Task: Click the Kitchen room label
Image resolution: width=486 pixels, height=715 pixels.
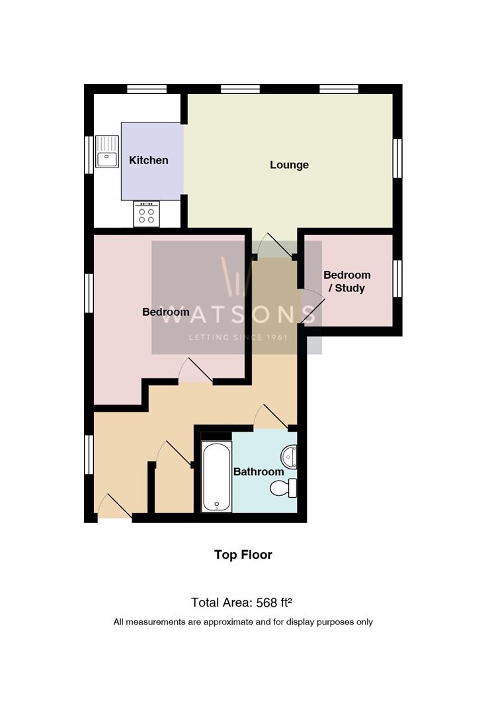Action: (x=148, y=160)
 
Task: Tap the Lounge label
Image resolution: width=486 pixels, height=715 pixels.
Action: (x=289, y=165)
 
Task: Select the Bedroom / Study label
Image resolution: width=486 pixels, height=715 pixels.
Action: (x=346, y=281)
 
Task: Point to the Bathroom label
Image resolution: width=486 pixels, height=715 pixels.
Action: (x=258, y=471)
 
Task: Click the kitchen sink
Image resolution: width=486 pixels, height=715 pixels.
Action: (x=106, y=152)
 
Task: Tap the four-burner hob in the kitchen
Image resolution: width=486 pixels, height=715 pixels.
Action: (x=146, y=214)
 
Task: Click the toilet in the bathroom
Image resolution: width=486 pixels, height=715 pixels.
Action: (x=285, y=489)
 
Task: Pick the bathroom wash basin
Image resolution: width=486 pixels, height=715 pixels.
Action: (x=289, y=456)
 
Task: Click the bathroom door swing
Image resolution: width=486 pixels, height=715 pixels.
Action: (x=270, y=417)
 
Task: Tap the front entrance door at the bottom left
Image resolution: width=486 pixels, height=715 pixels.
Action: (x=114, y=507)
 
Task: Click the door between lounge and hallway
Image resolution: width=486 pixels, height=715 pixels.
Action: (x=274, y=246)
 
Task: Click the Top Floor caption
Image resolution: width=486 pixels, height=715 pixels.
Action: (x=243, y=555)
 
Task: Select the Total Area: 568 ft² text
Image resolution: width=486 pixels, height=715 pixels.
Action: (x=241, y=602)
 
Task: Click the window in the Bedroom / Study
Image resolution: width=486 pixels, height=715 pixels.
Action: (x=397, y=279)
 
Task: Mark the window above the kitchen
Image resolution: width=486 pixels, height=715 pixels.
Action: (x=147, y=89)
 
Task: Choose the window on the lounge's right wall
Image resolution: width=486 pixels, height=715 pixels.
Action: (x=397, y=158)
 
